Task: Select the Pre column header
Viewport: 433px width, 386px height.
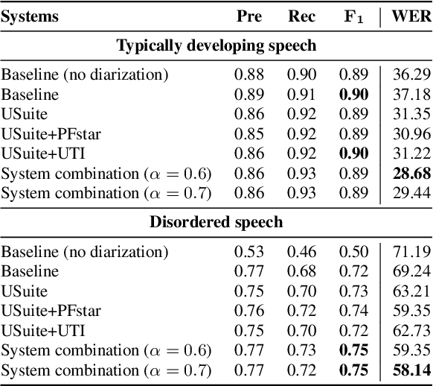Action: [249, 17]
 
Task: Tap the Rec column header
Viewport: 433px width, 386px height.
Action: [302, 17]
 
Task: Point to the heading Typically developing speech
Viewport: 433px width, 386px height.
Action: [216, 46]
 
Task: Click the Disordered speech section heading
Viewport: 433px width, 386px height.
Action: [216, 222]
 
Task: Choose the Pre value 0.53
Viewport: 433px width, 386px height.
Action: [248, 250]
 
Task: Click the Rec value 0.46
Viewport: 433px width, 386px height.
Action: [302, 250]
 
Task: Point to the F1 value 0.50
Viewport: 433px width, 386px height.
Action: [354, 250]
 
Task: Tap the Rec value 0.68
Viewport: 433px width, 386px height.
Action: [302, 270]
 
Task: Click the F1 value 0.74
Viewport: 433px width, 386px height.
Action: [354, 309]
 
